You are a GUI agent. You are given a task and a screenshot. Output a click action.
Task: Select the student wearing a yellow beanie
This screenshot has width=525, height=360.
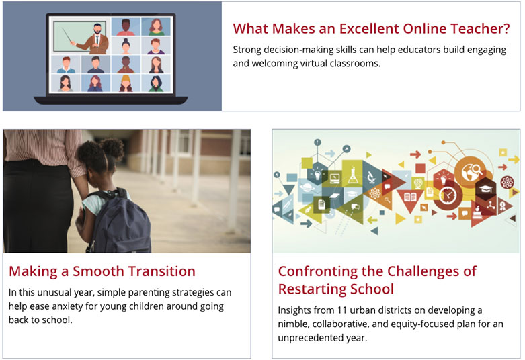click(126, 83)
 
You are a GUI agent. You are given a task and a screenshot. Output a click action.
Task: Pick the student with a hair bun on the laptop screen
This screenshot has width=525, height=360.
click(126, 46)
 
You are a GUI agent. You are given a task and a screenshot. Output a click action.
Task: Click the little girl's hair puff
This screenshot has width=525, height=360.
click(112, 149)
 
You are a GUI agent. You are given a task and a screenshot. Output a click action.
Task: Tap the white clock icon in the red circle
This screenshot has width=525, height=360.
click(447, 195)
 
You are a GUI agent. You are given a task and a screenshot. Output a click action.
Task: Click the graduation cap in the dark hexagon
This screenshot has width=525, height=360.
click(486, 188)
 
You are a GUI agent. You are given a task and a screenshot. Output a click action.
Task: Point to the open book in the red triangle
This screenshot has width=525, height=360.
click(410, 197)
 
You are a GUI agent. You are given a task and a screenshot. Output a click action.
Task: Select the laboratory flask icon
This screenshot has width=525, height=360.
click(353, 175)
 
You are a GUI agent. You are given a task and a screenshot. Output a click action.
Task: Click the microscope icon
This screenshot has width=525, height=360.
click(371, 177)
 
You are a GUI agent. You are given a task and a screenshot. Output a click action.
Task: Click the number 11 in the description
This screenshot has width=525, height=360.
click(341, 310)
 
